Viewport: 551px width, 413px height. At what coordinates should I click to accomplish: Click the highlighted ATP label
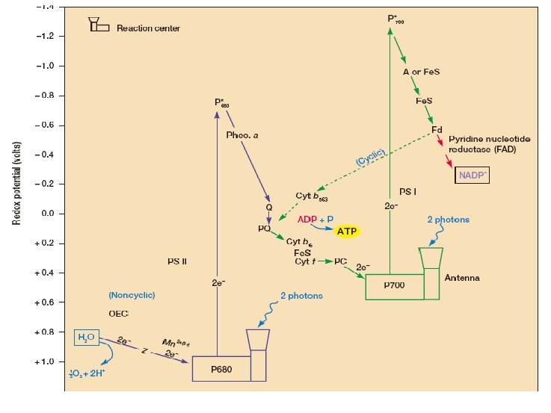click(346, 231)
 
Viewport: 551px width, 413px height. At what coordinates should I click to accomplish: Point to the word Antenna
click(462, 278)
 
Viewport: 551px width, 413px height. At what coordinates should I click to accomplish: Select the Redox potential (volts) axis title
click(15, 173)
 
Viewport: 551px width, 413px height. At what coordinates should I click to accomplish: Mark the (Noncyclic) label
click(131, 295)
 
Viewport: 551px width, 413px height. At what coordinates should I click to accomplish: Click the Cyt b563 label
click(312, 196)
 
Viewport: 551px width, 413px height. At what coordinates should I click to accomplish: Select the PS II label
click(177, 261)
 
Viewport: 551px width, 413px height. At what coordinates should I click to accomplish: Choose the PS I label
click(408, 191)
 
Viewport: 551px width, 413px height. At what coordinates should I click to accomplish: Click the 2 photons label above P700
click(448, 220)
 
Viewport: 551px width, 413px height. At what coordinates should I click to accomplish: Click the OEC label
click(119, 314)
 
